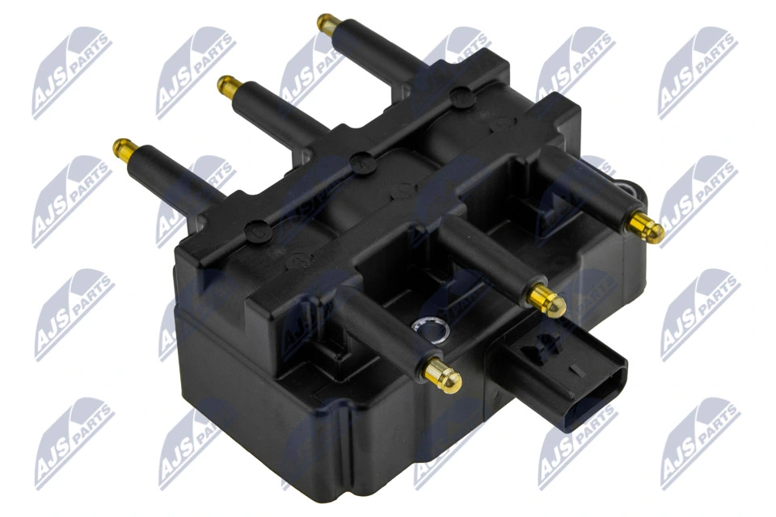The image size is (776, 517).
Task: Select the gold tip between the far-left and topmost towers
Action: click(227, 83)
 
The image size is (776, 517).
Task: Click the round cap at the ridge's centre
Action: click(361, 158)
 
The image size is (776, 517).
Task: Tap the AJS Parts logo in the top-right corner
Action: click(697, 72)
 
